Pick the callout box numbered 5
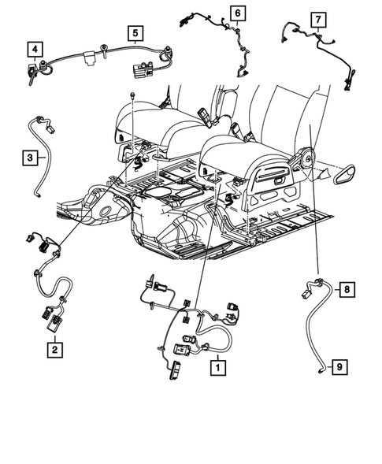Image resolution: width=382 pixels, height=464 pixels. pyautogui.click(x=135, y=32)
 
